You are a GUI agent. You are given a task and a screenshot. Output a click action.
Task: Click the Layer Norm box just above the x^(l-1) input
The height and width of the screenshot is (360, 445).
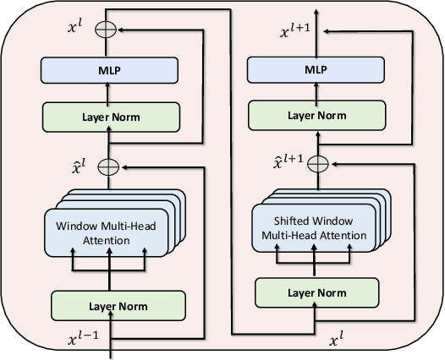(x=118, y=303)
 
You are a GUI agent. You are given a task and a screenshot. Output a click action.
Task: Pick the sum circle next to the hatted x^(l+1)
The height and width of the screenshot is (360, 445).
(x=316, y=163)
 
